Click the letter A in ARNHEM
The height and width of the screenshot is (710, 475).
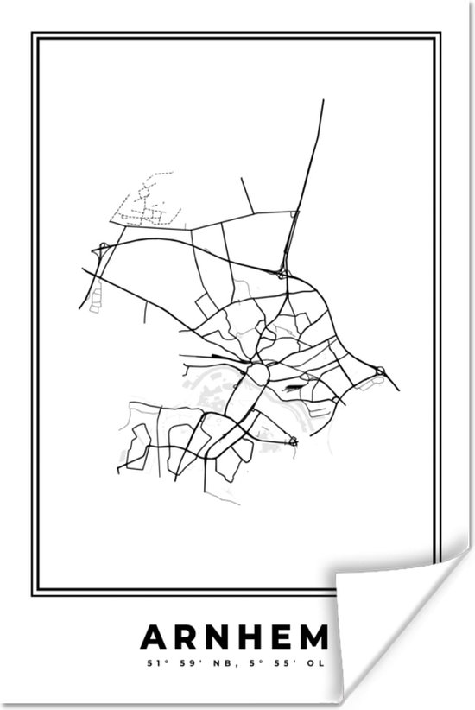pyautogui.click(x=152, y=638)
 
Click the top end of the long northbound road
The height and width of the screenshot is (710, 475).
pyautogui.click(x=323, y=101)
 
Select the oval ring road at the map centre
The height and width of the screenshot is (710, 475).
pyautogui.click(x=256, y=375)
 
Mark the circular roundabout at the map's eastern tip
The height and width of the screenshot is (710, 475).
pyautogui.click(x=379, y=372)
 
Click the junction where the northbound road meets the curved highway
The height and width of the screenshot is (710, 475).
pyautogui.click(x=284, y=274)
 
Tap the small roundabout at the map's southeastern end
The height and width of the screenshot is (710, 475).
pyautogui.click(x=293, y=441)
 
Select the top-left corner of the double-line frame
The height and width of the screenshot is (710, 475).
pyautogui.click(x=33, y=35)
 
